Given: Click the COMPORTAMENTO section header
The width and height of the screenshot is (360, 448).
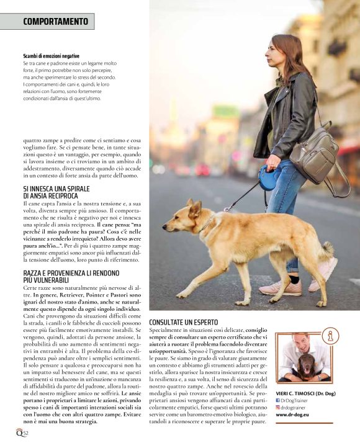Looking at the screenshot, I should point(55,21).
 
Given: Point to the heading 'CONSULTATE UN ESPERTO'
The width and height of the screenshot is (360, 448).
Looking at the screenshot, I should point(183,323).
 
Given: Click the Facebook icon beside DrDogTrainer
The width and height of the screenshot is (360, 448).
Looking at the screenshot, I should point(278,400).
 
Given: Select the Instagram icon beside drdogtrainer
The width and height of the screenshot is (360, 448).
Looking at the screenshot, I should point(278,408).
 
